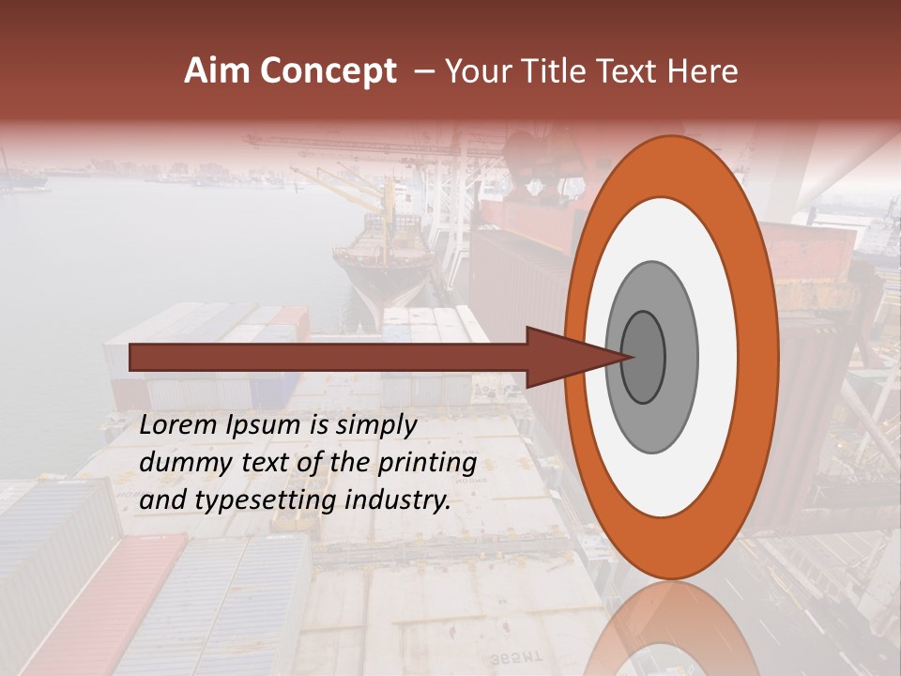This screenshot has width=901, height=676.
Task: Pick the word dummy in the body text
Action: pyautogui.click(x=179, y=463)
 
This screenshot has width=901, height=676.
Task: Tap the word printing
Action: pyautogui.click(x=427, y=463)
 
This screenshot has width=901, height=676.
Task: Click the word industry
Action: pyautogui.click(x=399, y=500)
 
